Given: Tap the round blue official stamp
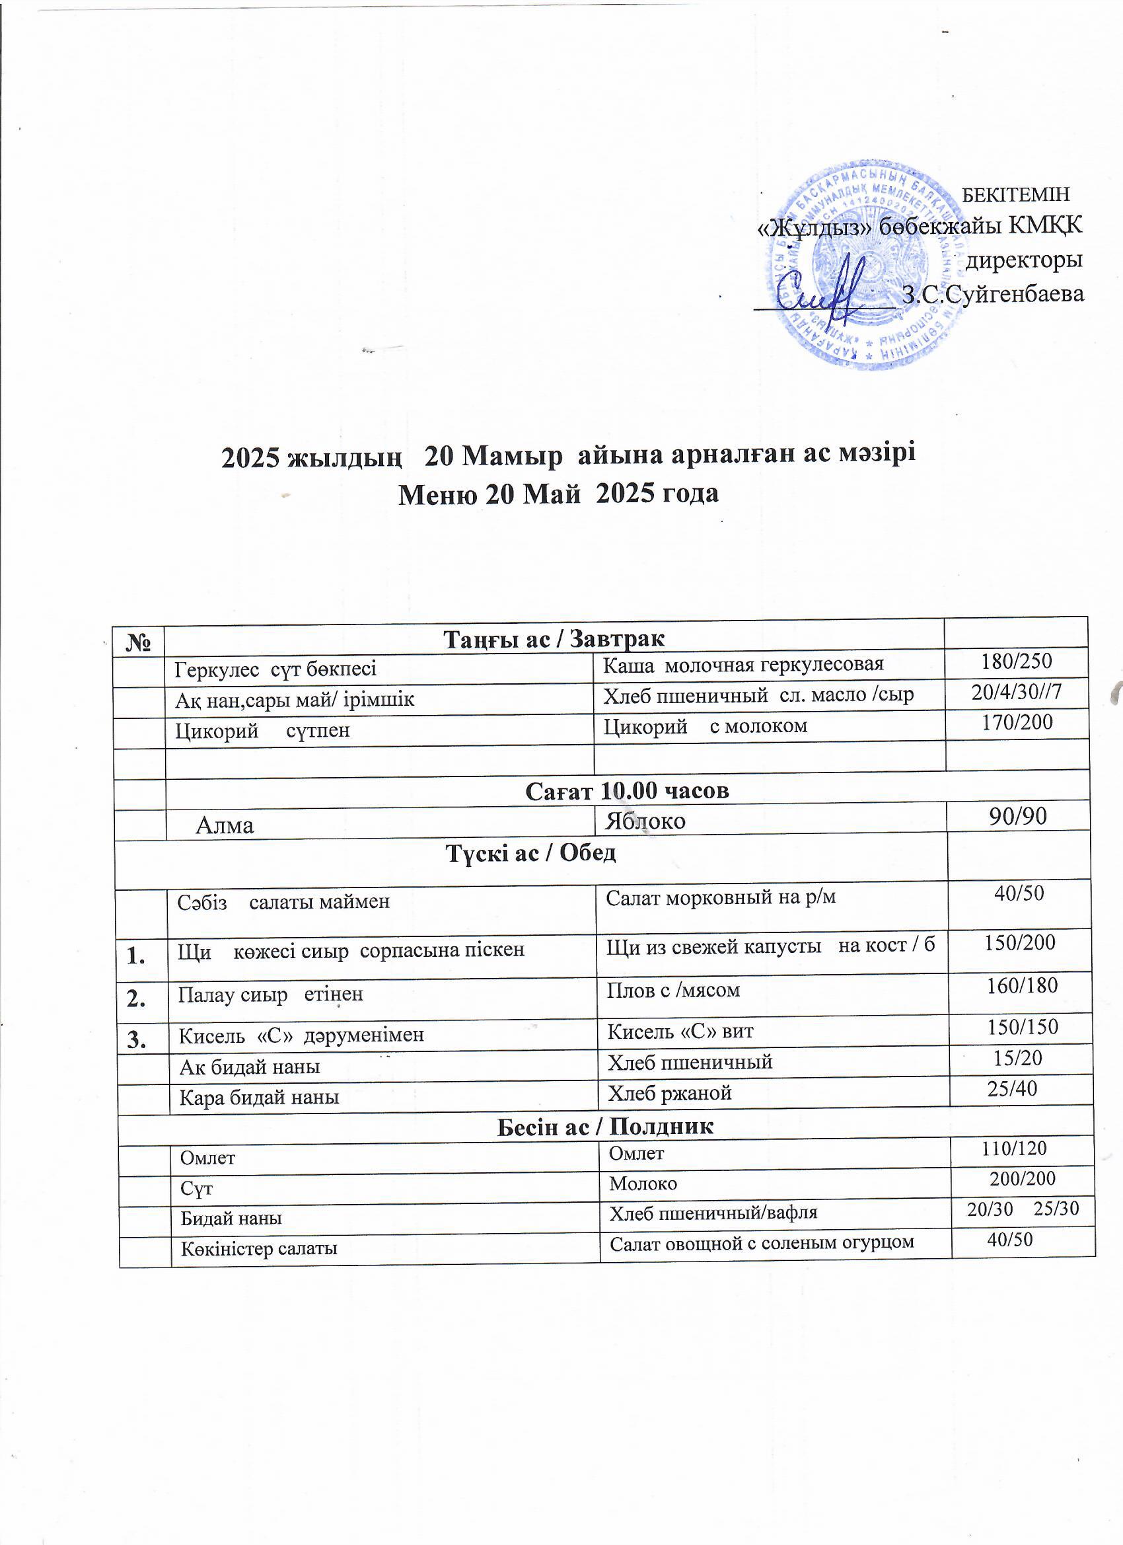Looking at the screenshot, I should pos(868,265).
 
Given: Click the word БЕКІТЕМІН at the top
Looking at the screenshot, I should pos(1016,195).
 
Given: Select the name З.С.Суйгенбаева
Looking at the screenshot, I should pos(992,293).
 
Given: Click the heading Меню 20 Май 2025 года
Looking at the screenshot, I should pos(558,493).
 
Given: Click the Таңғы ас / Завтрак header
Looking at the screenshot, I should pos(554,639).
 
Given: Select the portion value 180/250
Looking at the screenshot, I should pos(1017,661).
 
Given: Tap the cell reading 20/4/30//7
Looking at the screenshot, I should pos(1017,692).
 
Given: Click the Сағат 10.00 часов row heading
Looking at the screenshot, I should pos(626,790).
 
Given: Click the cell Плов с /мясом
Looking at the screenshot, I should pos(673,989).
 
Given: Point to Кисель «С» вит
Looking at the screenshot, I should pos(680,1032).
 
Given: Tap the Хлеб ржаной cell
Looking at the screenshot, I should pos(669,1093).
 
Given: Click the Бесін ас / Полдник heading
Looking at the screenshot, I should pos(604,1126).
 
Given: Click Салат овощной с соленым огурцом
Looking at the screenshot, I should pos(762,1242).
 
